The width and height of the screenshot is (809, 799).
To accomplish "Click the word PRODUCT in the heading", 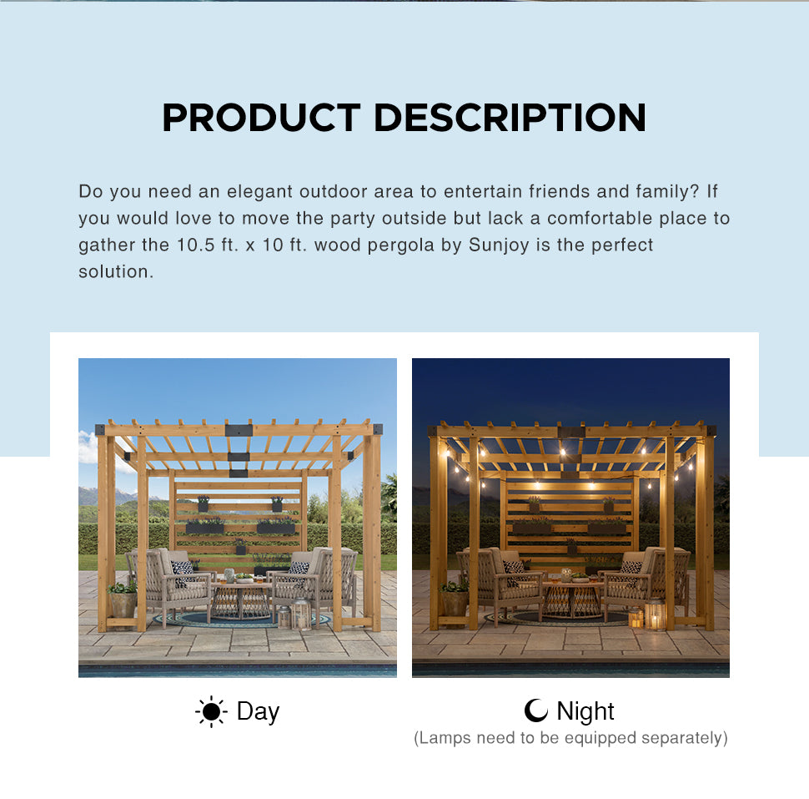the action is point(261,118).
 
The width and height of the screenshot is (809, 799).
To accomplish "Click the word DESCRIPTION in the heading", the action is point(510,118).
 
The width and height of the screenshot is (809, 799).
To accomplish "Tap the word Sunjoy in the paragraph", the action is point(499,245).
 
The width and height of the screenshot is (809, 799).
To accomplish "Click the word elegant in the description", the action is point(259,192).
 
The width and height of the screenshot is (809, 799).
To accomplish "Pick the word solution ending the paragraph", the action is point(116,271).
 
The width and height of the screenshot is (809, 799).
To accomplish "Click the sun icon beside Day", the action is point(211,711).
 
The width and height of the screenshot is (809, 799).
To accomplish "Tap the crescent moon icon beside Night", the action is point(536,711).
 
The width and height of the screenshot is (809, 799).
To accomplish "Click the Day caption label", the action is point(258,712).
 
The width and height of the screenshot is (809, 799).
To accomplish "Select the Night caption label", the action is point(585,711).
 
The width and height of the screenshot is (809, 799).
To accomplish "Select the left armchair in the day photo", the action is point(168,584).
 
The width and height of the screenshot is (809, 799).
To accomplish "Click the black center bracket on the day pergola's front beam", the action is point(239,430).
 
